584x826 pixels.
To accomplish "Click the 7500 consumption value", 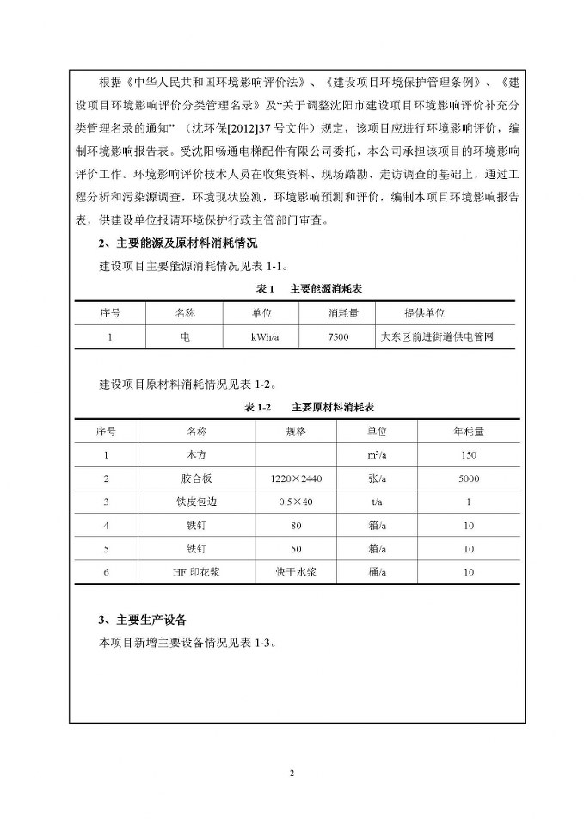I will [x=339, y=337].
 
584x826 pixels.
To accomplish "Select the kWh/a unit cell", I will [x=261, y=337].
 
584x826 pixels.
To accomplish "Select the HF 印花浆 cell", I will [x=184, y=571].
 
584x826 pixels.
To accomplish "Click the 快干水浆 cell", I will [x=282, y=571].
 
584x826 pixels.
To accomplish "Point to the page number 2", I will [x=292, y=773].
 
